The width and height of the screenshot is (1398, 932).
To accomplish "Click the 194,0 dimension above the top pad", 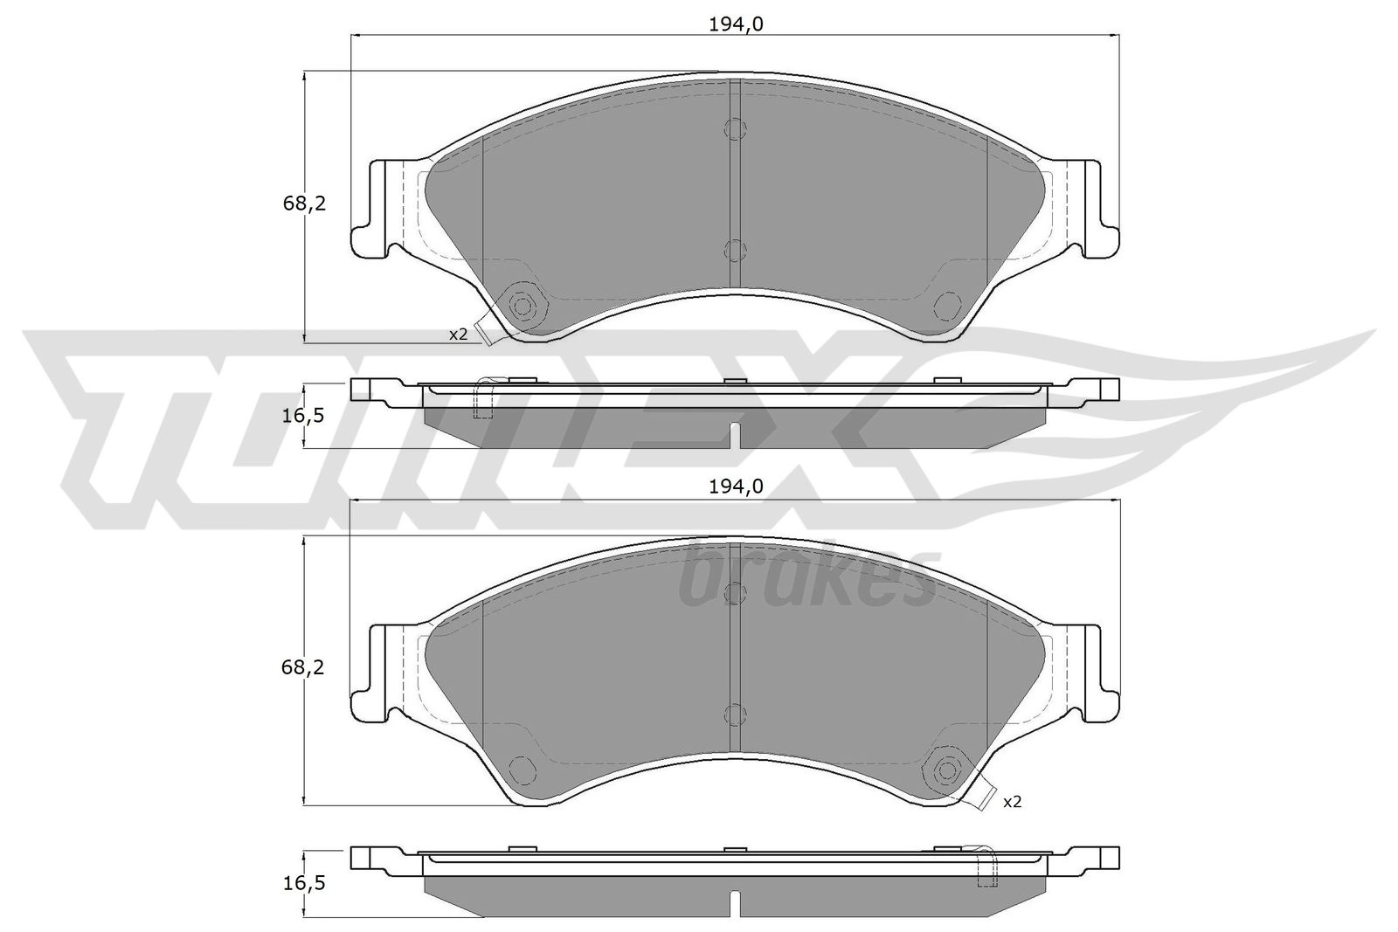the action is (736, 24).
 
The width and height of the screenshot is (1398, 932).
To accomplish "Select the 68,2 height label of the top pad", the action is (304, 204).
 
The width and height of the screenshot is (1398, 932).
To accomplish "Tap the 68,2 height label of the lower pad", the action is (304, 667).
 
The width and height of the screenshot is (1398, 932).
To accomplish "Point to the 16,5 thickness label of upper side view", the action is (303, 416).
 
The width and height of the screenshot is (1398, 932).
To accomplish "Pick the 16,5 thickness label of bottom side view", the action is (303, 883).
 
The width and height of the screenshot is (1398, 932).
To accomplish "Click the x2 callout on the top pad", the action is (458, 335).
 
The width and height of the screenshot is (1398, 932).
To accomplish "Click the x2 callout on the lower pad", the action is (1013, 802).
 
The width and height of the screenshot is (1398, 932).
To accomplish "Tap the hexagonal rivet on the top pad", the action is (523, 306).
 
